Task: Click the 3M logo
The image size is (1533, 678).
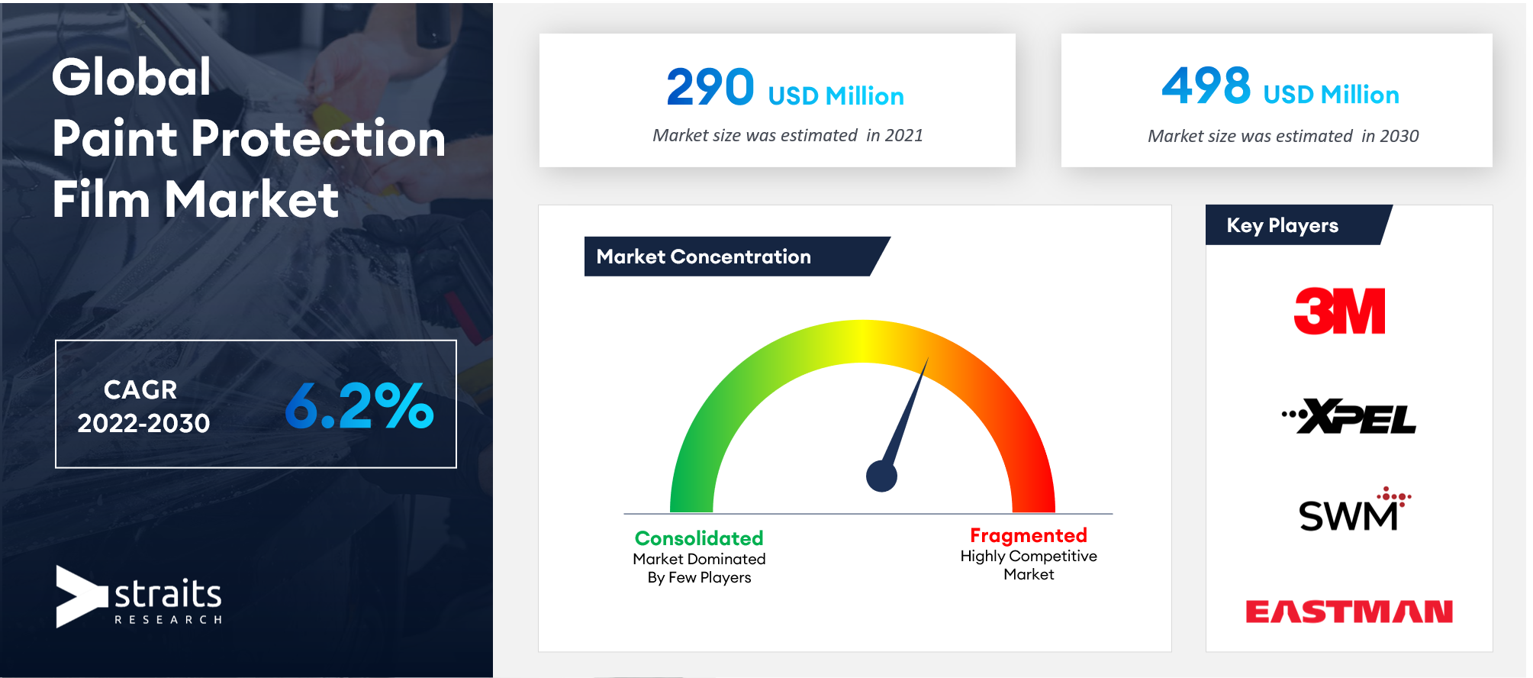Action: (x=1339, y=311)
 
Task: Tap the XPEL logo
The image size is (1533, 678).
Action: (x=1349, y=416)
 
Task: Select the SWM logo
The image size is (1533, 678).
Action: (x=1354, y=509)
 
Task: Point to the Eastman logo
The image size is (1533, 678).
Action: (x=1349, y=611)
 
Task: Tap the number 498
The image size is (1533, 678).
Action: (x=1206, y=85)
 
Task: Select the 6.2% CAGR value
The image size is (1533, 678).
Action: (x=359, y=405)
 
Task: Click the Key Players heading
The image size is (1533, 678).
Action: (x=1282, y=225)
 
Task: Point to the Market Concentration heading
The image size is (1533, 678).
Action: (x=704, y=257)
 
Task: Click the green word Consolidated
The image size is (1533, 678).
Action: (x=699, y=538)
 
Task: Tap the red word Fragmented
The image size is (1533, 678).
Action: (x=1029, y=535)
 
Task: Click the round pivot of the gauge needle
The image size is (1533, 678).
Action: (x=881, y=476)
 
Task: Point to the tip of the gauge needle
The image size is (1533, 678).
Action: (x=928, y=357)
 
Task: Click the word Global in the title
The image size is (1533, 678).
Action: (x=131, y=77)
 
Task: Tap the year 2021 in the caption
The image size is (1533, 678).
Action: (x=904, y=135)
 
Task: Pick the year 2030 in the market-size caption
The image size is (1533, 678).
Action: (x=1399, y=136)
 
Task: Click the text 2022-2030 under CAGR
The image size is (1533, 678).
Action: (x=143, y=423)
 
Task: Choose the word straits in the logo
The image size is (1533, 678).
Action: (x=168, y=593)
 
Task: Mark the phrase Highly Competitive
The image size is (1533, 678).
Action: (x=1029, y=556)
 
